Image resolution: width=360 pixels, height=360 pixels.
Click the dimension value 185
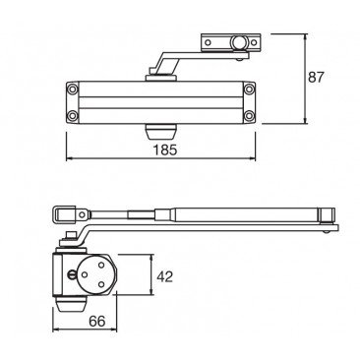165,150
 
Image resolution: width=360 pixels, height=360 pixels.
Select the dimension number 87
316,78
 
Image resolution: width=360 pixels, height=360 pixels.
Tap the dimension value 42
164,277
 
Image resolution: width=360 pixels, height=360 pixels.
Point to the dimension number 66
97,322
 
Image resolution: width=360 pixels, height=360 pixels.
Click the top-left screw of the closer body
72,89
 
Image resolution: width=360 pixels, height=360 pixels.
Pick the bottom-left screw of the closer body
72,115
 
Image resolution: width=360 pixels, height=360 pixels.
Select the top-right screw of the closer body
249,89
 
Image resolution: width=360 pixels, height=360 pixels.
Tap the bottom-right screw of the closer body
249,115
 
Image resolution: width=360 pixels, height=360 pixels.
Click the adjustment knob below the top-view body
160,132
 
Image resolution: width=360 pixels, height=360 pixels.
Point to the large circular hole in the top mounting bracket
237,42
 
